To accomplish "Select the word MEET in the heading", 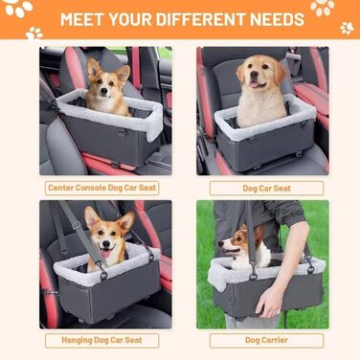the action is pos(82,19).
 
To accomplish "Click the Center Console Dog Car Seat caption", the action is pos(101,188).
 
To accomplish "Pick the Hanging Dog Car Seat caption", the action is pos(101,340).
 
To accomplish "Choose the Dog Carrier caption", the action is pos(266,340).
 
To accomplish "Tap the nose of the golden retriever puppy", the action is pos(254,74).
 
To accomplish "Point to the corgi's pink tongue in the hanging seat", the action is pos(105,254).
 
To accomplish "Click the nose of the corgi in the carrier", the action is pos(220,244).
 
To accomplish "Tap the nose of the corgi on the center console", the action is pos(103,91).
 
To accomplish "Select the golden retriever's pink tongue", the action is pos(254,84).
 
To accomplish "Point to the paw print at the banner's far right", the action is pos(347,28).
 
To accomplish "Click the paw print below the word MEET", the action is pos(34,34).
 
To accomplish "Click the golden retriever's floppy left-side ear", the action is pos(240,73).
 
